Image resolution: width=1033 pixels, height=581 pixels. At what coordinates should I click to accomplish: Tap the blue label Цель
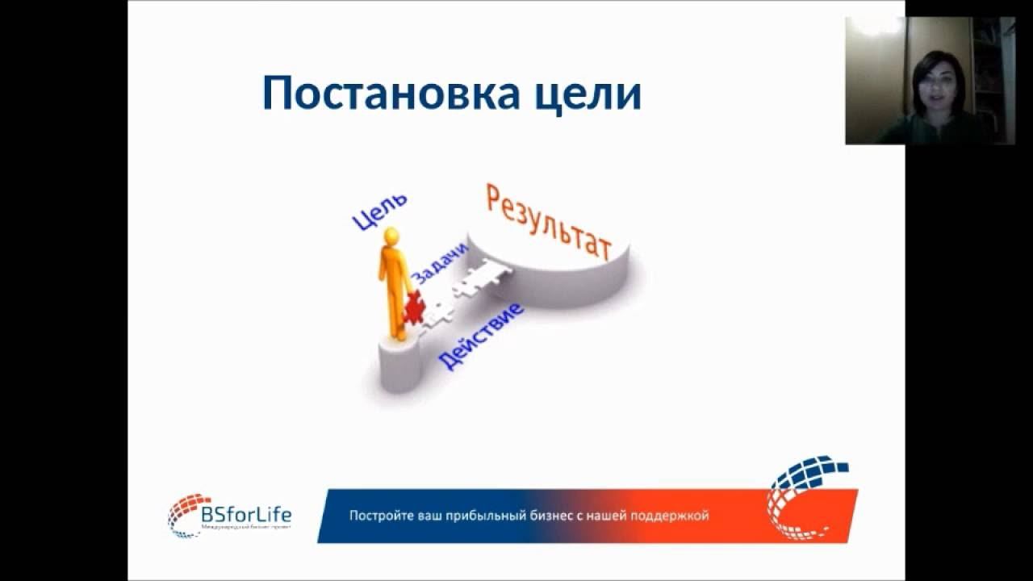380,212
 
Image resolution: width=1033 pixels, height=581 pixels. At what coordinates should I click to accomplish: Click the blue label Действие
480,336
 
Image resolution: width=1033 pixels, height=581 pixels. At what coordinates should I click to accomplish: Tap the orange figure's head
391,236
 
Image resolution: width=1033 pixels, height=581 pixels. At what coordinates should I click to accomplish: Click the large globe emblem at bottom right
807,496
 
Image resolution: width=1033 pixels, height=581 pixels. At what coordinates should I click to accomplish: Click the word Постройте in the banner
375,516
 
